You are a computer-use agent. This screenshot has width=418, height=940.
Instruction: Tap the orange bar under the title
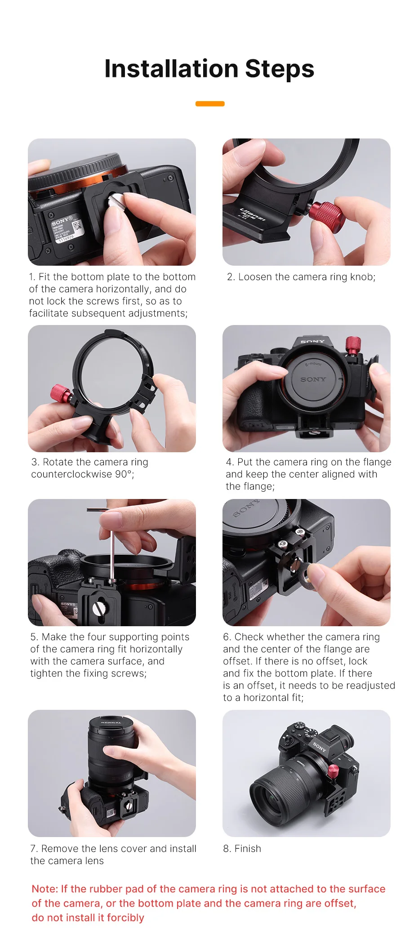click(210, 104)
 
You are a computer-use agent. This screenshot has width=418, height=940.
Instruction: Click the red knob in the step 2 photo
click(326, 214)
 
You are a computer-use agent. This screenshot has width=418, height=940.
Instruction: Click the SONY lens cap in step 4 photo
click(313, 378)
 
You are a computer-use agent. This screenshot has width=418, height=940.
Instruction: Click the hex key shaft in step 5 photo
click(112, 553)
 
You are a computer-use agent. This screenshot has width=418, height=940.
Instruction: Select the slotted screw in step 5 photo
click(98, 608)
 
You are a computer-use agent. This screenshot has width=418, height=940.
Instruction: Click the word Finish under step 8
click(248, 848)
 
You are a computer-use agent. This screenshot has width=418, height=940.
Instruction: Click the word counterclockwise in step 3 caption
click(71, 474)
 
